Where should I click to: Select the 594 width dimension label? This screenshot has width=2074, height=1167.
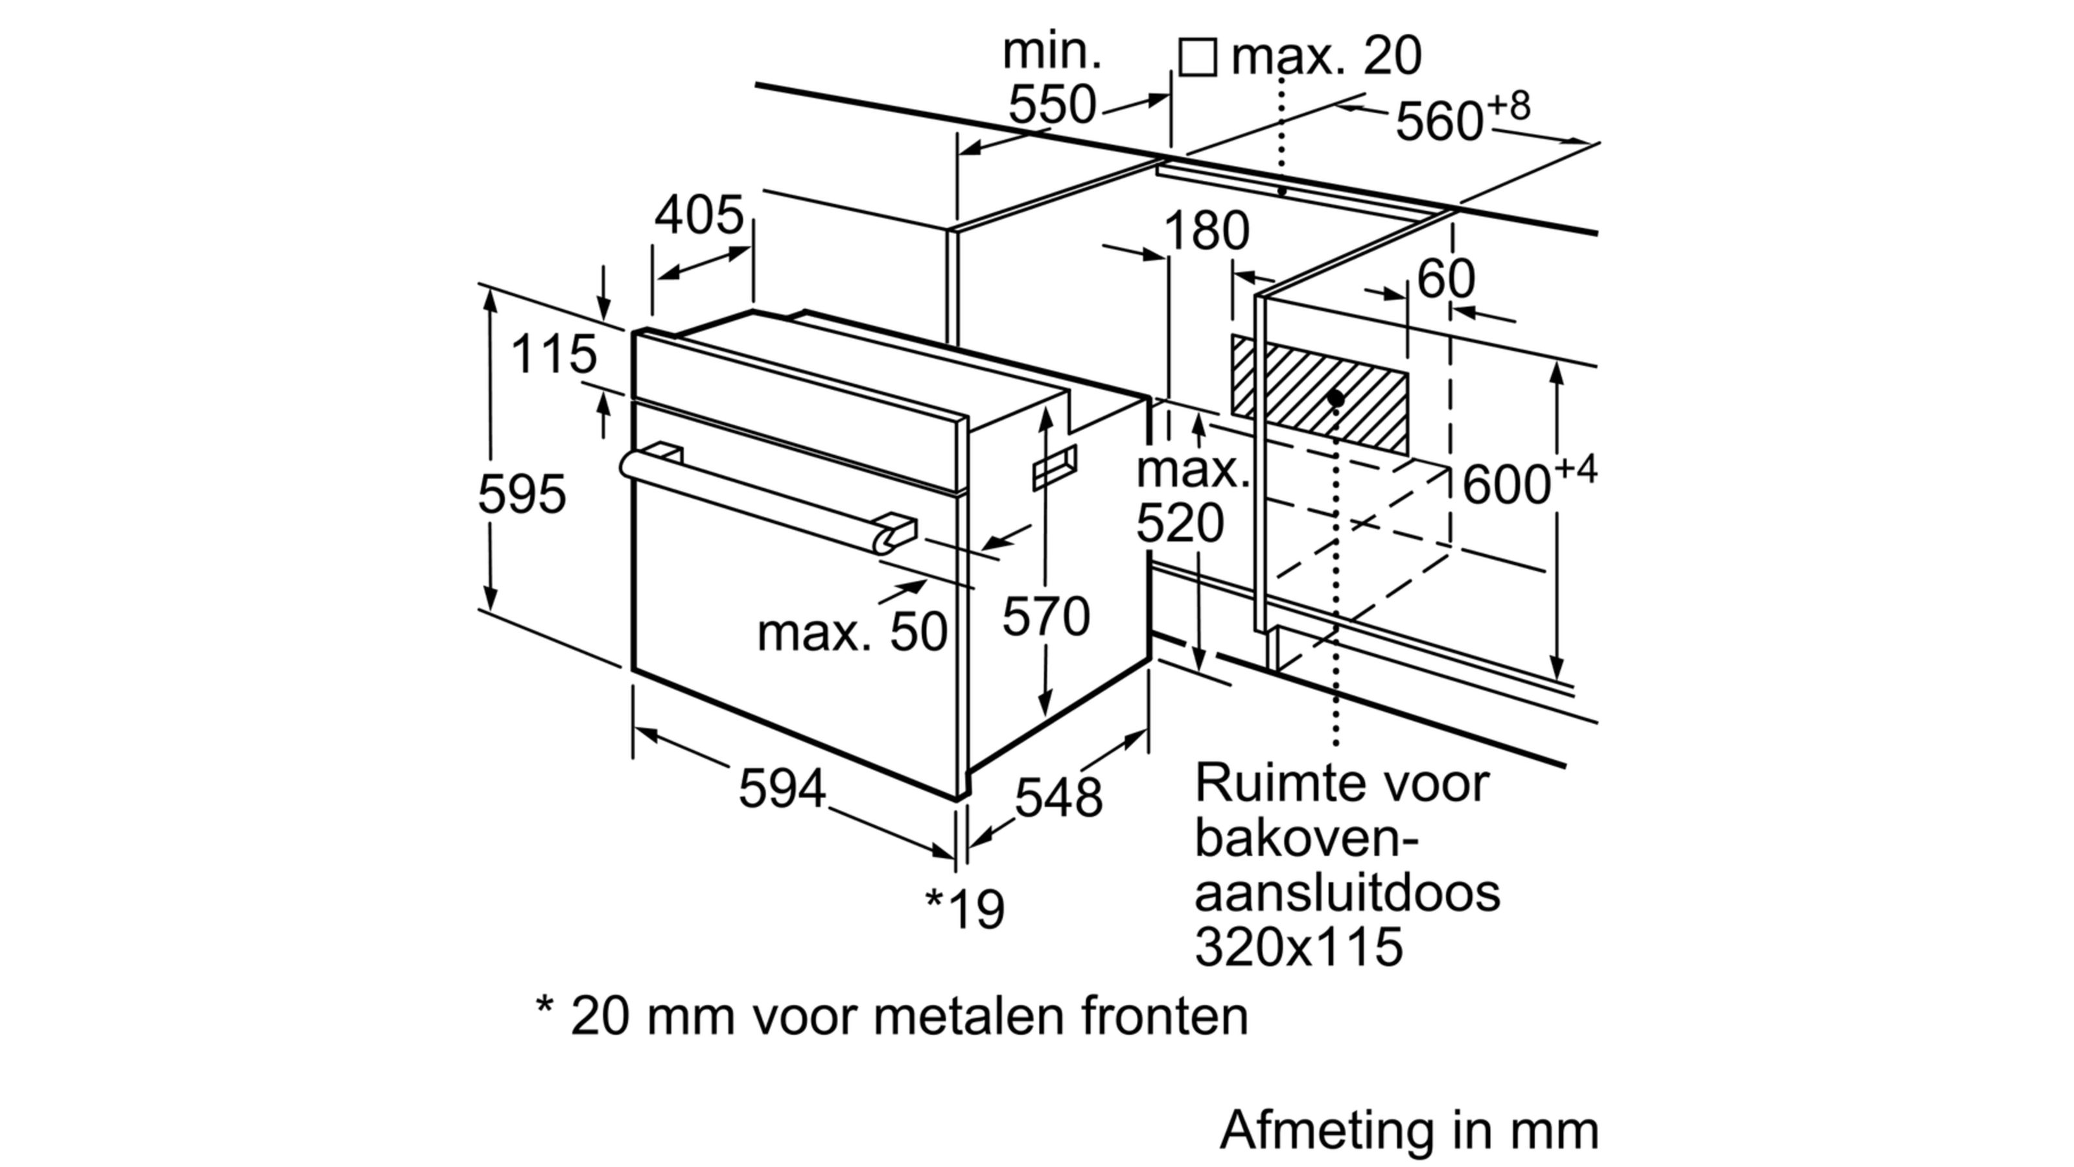coord(782,788)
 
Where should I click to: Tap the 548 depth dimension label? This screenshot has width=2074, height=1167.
coord(1058,798)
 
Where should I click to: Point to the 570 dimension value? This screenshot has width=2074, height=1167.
coord(1045,617)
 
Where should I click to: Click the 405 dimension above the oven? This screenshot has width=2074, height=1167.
coord(698,216)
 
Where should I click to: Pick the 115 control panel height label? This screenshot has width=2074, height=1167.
coord(554,355)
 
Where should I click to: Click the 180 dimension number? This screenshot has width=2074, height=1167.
coord(1206,231)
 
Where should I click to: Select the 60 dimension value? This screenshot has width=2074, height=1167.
coord(1446,279)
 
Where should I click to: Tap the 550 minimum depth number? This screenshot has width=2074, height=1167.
coord(1053,104)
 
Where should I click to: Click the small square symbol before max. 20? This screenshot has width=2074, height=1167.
coord(1197,57)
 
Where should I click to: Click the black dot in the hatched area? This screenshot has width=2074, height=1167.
coord(1336,398)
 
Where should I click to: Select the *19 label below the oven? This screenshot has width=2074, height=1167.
coord(965,908)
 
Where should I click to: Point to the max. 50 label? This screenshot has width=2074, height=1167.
coord(852,632)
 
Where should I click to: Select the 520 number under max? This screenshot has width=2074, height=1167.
coord(1180,523)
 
